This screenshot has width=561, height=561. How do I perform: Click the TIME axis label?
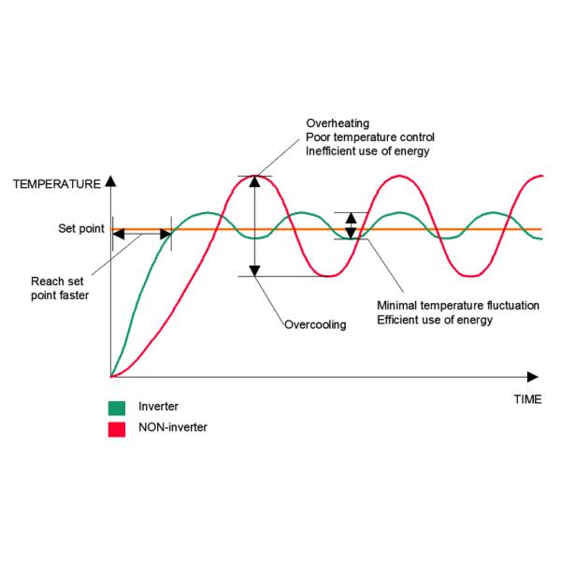coord(526,398)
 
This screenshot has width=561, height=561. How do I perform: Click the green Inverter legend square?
coord(118,408)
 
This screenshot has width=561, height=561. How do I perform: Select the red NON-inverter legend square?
coord(118,428)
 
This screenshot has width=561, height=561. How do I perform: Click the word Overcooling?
coord(315,324)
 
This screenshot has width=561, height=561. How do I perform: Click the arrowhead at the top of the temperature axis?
coord(110,180)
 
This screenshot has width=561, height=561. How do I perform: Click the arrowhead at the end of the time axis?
coord(533,377)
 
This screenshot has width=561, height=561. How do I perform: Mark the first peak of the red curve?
coord(254,176)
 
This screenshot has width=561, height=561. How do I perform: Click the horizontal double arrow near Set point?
coord(141,235)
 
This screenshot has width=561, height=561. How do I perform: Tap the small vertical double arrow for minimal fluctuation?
coord(351,225)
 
